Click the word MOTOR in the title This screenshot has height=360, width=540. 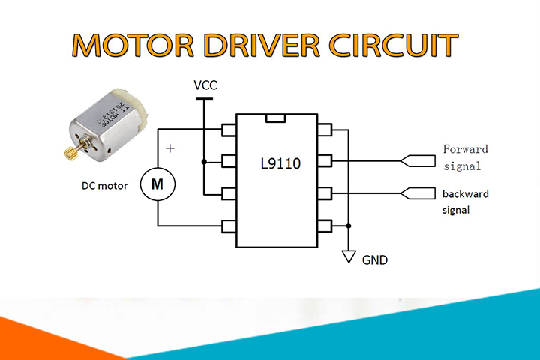click(133, 45)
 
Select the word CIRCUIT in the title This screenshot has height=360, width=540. click(394, 45)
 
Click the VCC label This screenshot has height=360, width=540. click(205, 85)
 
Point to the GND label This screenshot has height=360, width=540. click(375, 259)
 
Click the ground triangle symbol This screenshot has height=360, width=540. click(349, 256)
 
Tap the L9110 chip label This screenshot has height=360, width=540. click(280, 163)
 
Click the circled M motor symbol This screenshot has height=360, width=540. click(157, 184)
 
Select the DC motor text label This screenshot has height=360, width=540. click(105, 186)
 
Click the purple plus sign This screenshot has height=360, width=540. click(170, 148)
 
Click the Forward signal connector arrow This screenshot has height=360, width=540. click(418, 161)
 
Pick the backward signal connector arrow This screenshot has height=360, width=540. click(418, 193)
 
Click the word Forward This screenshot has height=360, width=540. click(465, 149)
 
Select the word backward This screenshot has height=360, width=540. click(466, 194)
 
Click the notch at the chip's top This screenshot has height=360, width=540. click(276, 118)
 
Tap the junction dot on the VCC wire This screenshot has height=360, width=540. click(204, 161)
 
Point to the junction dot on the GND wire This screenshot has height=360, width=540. click(349, 226)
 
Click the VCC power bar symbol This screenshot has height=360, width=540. click(204, 98)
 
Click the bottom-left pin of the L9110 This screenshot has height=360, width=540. click(229, 226)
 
